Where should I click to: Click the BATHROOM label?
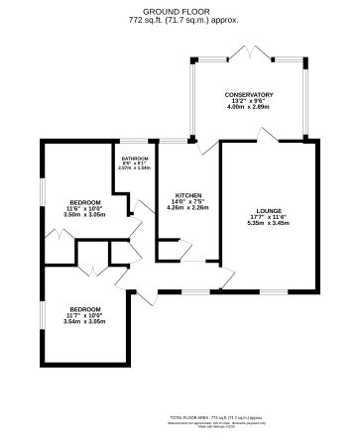pyautogui.click(x=135, y=159)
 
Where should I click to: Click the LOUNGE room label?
pyautogui.click(x=269, y=211)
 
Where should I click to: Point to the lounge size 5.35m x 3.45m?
pyautogui.click(x=269, y=223)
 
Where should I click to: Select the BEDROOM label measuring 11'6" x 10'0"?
pyautogui.click(x=83, y=202)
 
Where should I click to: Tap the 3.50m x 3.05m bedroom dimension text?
pyautogui.click(x=83, y=214)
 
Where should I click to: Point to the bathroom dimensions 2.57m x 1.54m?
pyautogui.click(x=135, y=168)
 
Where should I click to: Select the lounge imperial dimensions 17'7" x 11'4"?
pyautogui.click(x=269, y=217)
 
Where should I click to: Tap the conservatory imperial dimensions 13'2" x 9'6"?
pyautogui.click(x=248, y=100)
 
